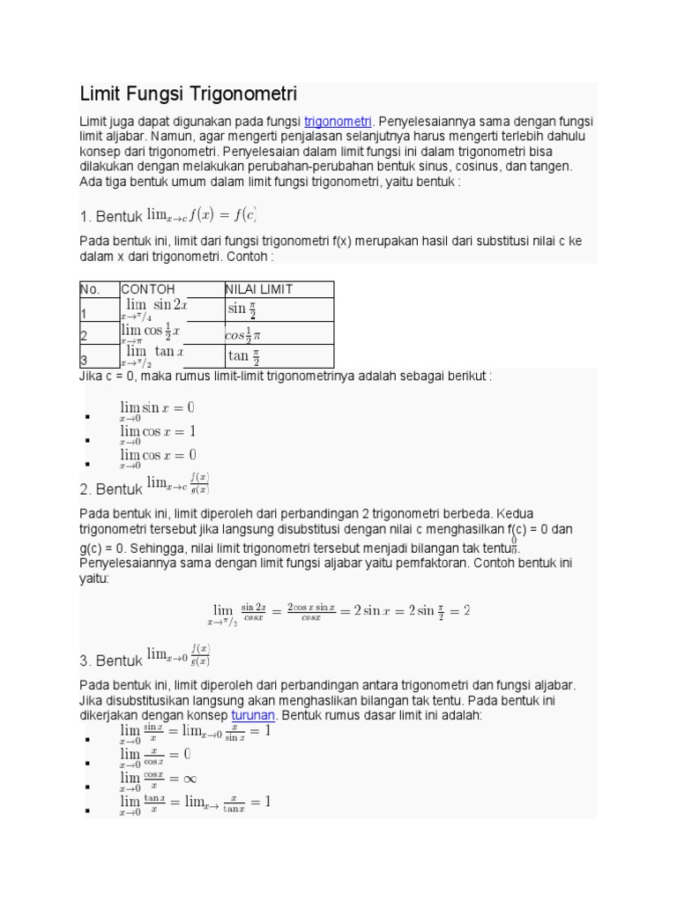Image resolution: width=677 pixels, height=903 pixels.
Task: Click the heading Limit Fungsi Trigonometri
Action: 189,93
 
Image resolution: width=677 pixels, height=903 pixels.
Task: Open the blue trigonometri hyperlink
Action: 338,121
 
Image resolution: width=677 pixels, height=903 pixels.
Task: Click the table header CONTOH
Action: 148,289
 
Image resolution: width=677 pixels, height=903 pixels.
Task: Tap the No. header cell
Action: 90,289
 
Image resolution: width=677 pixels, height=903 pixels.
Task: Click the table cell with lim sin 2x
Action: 154,310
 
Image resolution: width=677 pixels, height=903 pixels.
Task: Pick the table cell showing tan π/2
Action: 243,356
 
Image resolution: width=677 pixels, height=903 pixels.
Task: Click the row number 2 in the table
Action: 84,336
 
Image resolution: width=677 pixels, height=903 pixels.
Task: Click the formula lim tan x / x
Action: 195,804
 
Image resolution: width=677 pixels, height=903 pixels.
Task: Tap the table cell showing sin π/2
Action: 242,310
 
